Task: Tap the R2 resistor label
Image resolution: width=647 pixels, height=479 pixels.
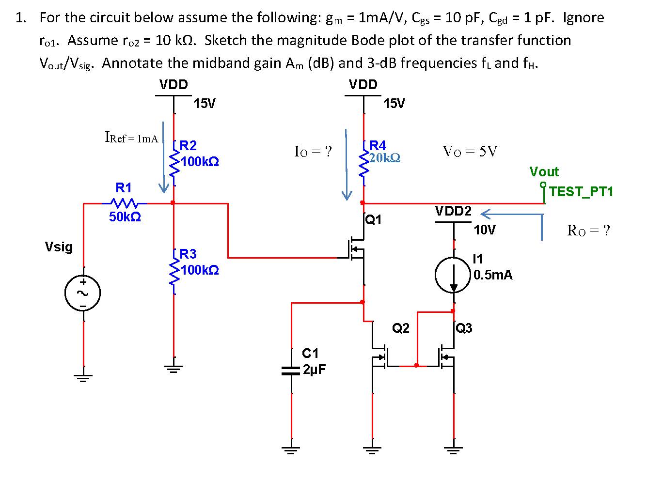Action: (x=188, y=145)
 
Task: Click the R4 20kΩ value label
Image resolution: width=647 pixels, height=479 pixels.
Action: (x=384, y=158)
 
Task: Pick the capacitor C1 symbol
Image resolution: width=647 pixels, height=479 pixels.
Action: (x=292, y=371)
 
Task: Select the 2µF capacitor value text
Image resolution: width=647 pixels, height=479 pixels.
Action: (x=315, y=370)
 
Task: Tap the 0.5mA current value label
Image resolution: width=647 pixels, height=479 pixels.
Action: (x=493, y=275)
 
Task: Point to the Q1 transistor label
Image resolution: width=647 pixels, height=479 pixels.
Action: (x=374, y=220)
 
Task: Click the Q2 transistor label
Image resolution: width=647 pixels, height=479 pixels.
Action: (x=400, y=328)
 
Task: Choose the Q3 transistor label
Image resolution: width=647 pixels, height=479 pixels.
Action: (x=464, y=328)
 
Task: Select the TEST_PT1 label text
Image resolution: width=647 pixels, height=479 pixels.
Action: (x=582, y=191)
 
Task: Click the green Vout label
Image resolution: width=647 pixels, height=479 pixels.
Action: (x=544, y=171)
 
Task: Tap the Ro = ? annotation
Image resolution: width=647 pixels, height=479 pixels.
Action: (x=588, y=231)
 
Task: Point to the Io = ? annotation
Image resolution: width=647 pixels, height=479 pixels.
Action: (x=313, y=152)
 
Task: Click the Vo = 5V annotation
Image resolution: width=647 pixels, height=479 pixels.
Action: (x=470, y=152)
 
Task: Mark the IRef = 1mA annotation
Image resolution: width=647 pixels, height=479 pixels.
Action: (x=131, y=138)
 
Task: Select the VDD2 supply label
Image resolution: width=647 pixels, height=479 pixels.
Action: (x=453, y=211)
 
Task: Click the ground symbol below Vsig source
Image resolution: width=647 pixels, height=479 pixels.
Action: (x=83, y=377)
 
